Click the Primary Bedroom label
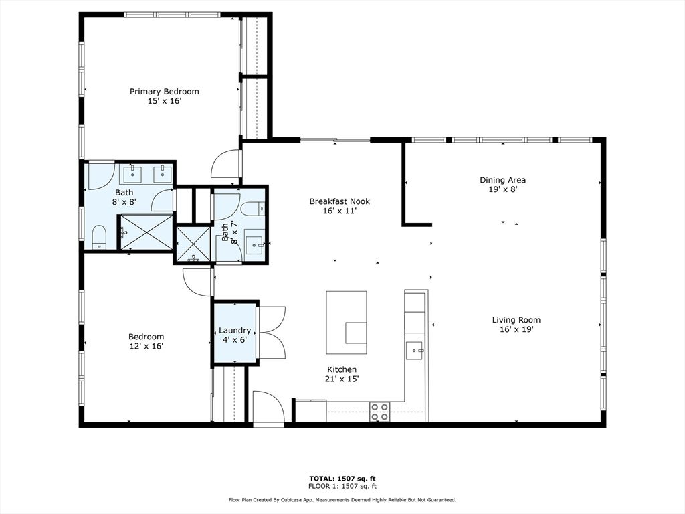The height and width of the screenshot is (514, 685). [x=164, y=92]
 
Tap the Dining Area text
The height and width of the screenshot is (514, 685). [x=502, y=180]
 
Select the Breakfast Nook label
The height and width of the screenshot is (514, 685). [x=339, y=201]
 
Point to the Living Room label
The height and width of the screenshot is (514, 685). [x=516, y=320]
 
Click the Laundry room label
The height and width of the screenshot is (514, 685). [x=235, y=331]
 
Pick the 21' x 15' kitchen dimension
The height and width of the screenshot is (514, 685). [x=342, y=379]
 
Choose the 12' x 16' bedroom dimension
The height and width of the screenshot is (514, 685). [x=146, y=346]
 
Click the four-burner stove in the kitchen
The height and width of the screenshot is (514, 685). [x=380, y=411]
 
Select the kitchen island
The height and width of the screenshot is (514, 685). [x=346, y=322]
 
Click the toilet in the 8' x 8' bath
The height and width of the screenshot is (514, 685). [x=98, y=236]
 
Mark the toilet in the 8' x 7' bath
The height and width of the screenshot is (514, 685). [x=254, y=209]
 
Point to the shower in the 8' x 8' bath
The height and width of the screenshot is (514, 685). [x=146, y=232]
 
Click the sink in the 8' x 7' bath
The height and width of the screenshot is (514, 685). [x=254, y=241]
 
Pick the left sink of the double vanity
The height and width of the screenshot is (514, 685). [x=131, y=174]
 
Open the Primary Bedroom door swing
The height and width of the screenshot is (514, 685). [x=225, y=164]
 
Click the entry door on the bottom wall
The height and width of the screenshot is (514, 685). [x=268, y=406]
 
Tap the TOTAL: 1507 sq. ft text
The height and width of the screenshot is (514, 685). [x=342, y=479]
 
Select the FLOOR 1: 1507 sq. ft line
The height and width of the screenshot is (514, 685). [x=342, y=486]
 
